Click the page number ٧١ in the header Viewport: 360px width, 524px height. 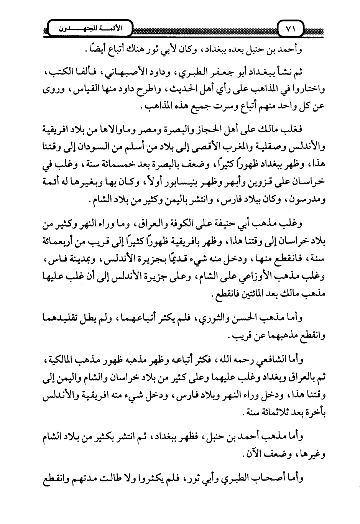[x=290, y=29]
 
